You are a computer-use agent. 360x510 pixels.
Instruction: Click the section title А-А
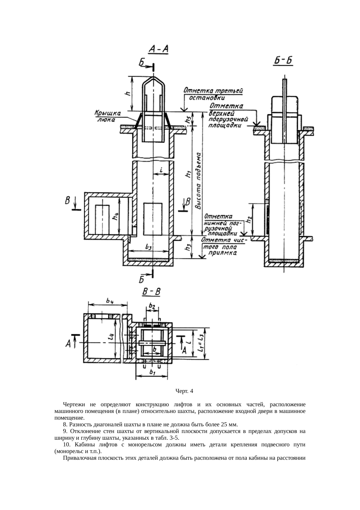tap(159, 49)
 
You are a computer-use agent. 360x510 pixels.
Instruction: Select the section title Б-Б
tap(283, 61)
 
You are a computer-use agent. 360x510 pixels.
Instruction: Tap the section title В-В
tap(151, 292)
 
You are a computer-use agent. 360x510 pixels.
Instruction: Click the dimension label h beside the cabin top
tap(127, 93)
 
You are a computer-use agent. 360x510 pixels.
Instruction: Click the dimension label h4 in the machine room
tap(115, 216)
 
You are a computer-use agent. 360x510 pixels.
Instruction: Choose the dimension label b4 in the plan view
tap(110, 301)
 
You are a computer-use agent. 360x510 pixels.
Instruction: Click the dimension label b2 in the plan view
tap(152, 306)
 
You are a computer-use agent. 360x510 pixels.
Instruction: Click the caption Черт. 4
tap(184, 391)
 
